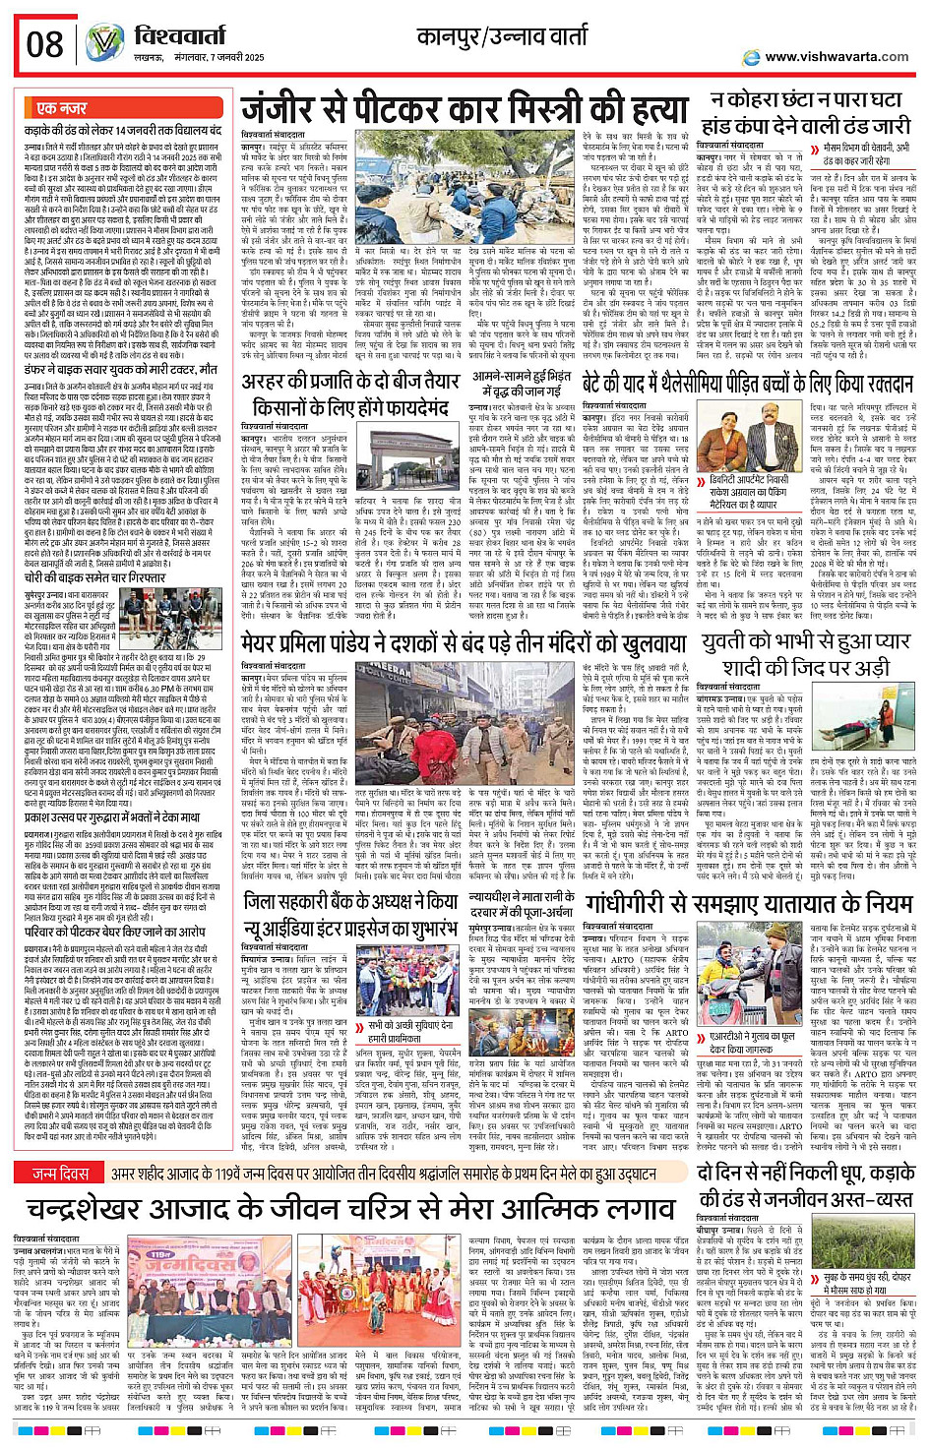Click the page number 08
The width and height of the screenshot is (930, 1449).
[44, 44]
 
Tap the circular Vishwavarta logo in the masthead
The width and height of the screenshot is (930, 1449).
[103, 42]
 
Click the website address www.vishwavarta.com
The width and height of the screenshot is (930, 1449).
[836, 56]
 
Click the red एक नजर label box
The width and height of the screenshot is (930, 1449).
[61, 108]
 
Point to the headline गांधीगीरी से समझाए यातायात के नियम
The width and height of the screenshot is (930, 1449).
[748, 902]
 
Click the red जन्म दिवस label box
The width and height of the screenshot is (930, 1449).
[59, 1146]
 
